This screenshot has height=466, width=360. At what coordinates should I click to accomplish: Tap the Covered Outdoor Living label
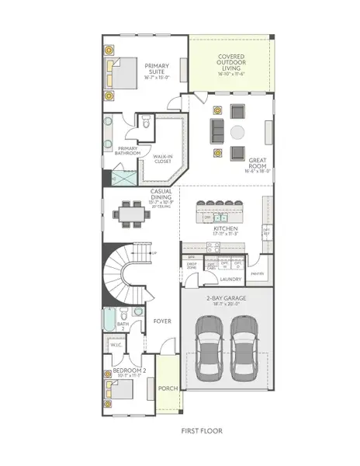(x=230, y=63)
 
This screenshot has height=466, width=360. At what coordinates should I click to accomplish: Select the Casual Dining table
(x=130, y=213)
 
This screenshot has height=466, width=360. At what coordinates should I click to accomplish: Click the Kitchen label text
(x=225, y=230)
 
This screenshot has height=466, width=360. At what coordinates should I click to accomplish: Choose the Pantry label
(x=258, y=273)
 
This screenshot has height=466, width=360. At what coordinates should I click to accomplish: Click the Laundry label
(x=230, y=278)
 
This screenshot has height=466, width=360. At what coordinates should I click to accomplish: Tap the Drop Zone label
(x=191, y=266)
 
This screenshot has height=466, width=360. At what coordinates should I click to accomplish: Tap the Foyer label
(x=161, y=321)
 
